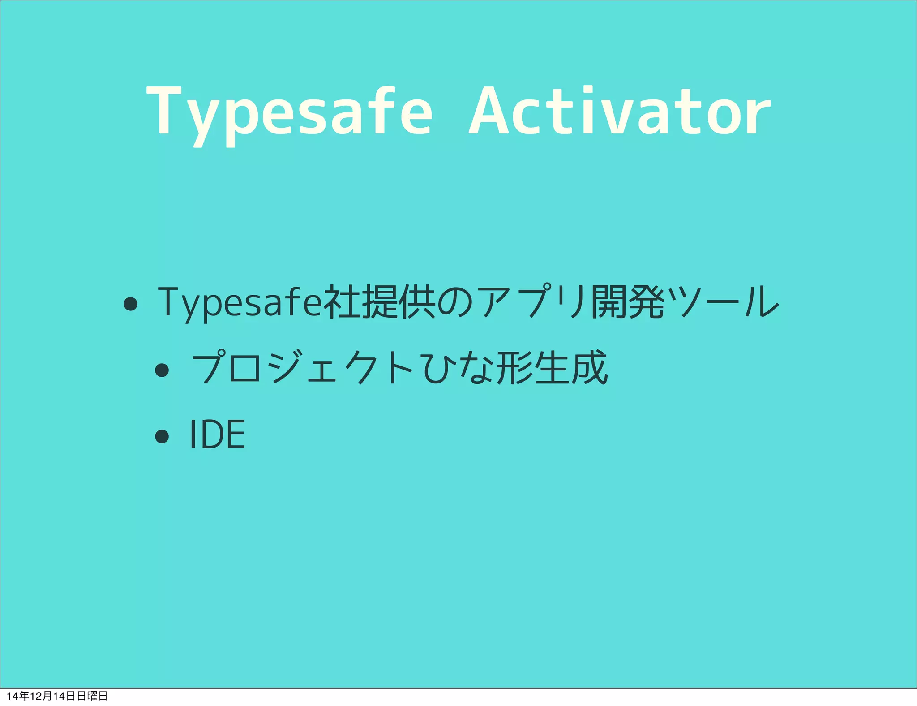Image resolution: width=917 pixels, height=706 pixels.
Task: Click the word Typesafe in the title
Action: pos(289,112)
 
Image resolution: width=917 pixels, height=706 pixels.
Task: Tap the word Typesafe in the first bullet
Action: pos(240,302)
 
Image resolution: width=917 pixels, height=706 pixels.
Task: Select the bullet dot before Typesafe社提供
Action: pos(130,304)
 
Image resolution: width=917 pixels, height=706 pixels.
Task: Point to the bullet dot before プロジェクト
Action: pos(162,370)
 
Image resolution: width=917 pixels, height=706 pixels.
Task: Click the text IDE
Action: pos(217,434)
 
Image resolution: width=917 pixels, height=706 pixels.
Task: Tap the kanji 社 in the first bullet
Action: pos(341,302)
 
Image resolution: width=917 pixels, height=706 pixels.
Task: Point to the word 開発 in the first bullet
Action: pos(628,302)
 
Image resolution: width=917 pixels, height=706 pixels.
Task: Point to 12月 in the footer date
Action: pos(41,696)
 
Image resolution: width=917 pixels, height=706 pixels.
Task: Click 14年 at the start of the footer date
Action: pos(18,696)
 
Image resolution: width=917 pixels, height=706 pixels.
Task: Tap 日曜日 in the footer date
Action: pos(92,696)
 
